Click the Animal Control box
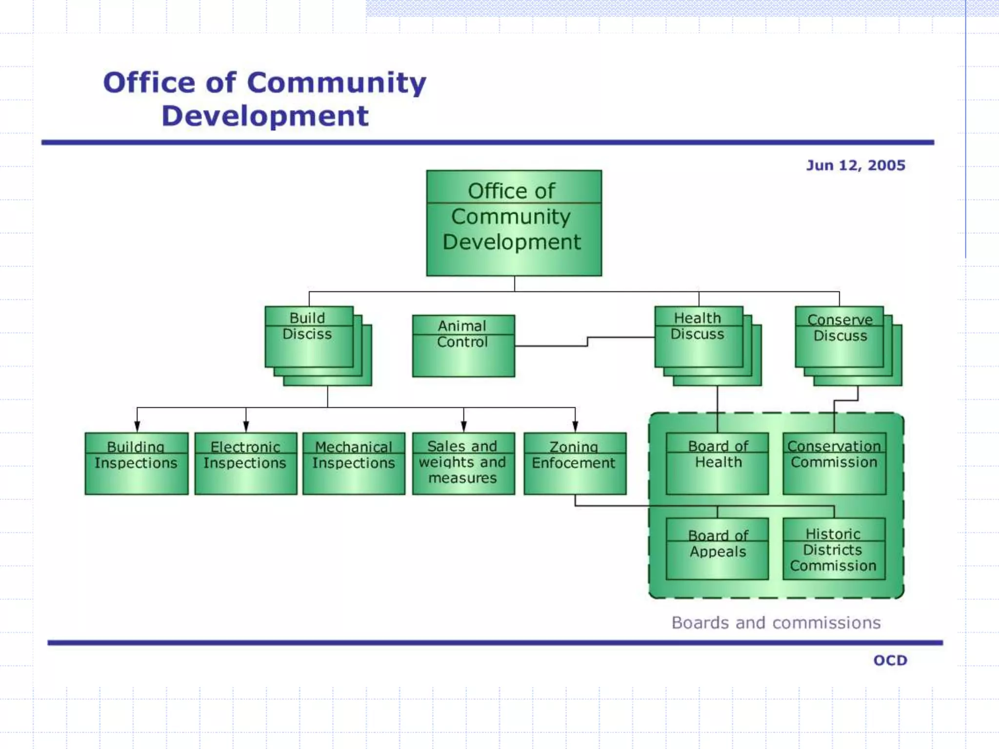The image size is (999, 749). coord(463,346)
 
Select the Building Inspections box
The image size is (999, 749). coord(137,463)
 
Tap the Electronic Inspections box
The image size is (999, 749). coord(246,463)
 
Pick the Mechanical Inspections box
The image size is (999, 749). coord(354,463)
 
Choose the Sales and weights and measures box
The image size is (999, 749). coord(463,463)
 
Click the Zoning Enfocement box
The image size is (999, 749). coord(575,463)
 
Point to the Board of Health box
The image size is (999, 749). coord(717,463)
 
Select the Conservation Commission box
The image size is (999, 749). coord(834,463)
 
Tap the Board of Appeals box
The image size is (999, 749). coord(717,549)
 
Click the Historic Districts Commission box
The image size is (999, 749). coord(834,549)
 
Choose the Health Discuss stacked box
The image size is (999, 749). coord(699,336)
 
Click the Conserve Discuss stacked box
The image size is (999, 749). coord(839,336)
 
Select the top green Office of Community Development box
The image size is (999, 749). coord(514,223)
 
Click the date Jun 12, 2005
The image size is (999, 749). coord(856,165)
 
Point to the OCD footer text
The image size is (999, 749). coord(890,660)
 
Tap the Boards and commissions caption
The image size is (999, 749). coord(776,623)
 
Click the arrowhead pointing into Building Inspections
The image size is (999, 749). coord(137,427)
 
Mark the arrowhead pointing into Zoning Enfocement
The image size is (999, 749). coord(575,427)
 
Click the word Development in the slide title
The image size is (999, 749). coord(265,116)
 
